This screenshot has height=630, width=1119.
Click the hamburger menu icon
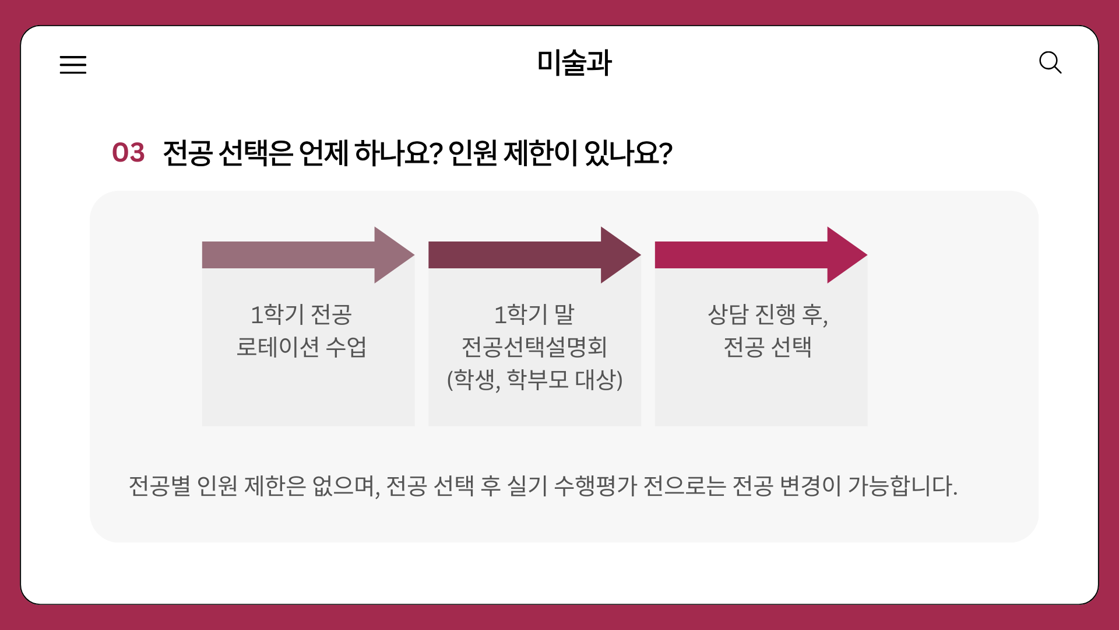[73, 64]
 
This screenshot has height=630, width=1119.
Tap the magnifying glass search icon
[1050, 62]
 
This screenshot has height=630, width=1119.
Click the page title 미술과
[574, 63]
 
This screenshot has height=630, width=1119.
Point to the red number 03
[128, 153]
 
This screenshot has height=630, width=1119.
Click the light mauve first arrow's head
[393, 255]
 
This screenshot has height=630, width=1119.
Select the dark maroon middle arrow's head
[620, 255]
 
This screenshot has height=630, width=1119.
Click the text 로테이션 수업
[301, 347]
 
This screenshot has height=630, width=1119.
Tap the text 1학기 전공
[301, 315]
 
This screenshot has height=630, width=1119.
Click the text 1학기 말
[534, 315]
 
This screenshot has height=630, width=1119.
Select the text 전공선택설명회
[534, 347]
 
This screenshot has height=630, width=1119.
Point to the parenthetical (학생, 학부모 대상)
[534, 380]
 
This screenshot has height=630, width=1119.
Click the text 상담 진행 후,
[767, 315]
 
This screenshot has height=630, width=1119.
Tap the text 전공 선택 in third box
[767, 347]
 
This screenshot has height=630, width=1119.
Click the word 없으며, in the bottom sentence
[346, 486]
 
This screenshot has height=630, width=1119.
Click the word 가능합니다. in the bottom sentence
[902, 486]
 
